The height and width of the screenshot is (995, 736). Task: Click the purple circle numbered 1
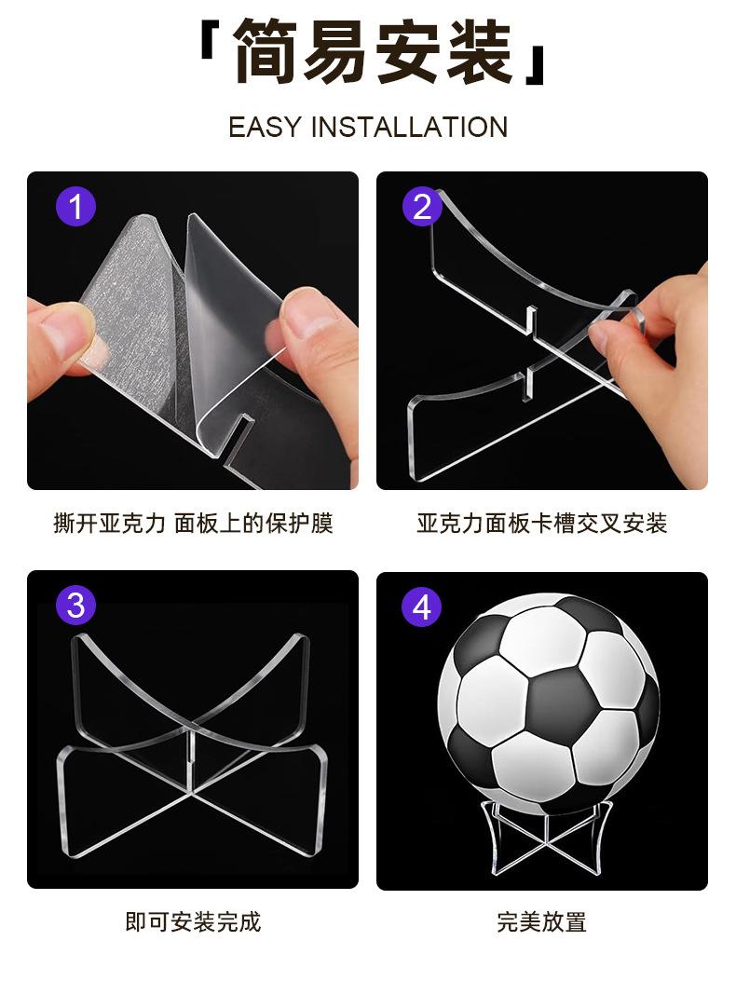(75, 207)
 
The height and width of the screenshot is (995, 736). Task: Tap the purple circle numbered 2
(422, 207)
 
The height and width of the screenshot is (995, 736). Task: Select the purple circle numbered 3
(75, 606)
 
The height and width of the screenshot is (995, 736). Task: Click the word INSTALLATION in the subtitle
(409, 127)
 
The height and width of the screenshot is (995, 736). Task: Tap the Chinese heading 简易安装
(373, 51)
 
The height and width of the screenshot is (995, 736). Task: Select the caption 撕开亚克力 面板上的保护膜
(193, 524)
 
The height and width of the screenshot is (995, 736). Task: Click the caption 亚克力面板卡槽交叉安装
(542, 524)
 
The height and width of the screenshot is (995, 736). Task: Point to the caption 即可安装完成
(193, 922)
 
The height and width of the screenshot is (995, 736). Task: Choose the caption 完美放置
(542, 922)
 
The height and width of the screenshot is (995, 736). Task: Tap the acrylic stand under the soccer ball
(546, 838)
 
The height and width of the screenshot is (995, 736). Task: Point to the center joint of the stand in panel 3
(191, 757)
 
